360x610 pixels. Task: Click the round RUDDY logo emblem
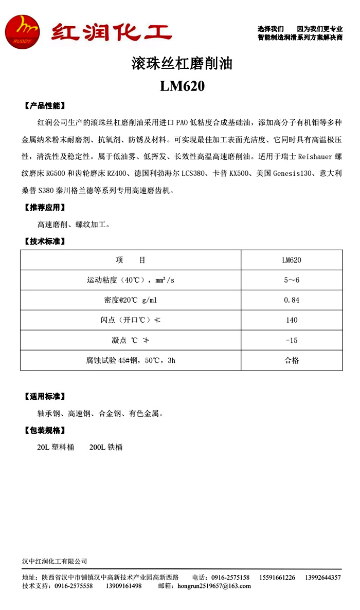point(22,32)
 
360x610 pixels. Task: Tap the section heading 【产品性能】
point(45,106)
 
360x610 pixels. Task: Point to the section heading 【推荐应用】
point(45,208)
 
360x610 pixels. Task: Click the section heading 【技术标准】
point(45,241)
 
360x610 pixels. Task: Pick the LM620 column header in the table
point(292,260)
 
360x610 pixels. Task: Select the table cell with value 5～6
point(292,280)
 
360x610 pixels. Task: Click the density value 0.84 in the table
point(292,300)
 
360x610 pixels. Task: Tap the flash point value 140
point(292,320)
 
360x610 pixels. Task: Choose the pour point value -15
point(292,340)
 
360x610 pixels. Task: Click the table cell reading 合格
point(292,360)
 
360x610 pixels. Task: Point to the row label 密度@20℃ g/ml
point(131,300)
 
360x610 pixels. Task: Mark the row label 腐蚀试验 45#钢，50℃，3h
point(131,360)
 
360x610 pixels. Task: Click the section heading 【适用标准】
point(45,396)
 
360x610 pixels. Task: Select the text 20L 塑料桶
point(56,447)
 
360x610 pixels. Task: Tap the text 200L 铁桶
point(106,447)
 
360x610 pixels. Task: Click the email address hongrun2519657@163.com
point(214,586)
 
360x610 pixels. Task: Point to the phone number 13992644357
point(322,578)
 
